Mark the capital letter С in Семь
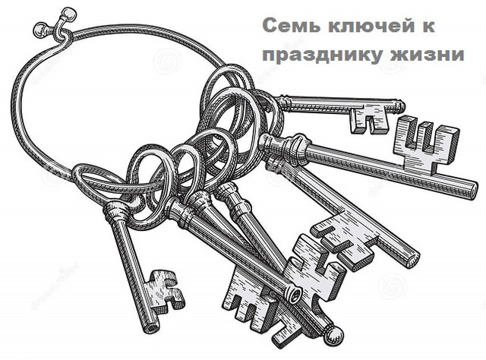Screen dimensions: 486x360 270,26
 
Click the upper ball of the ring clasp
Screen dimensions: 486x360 68,14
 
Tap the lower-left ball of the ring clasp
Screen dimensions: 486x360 39,29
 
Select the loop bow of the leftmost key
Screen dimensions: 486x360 99,183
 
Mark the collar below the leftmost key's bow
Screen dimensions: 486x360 115,211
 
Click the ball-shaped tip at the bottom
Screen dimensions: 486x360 333,336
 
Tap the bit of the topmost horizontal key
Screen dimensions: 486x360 370,118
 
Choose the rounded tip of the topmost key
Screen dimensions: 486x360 400,106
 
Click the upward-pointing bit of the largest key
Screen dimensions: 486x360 426,144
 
